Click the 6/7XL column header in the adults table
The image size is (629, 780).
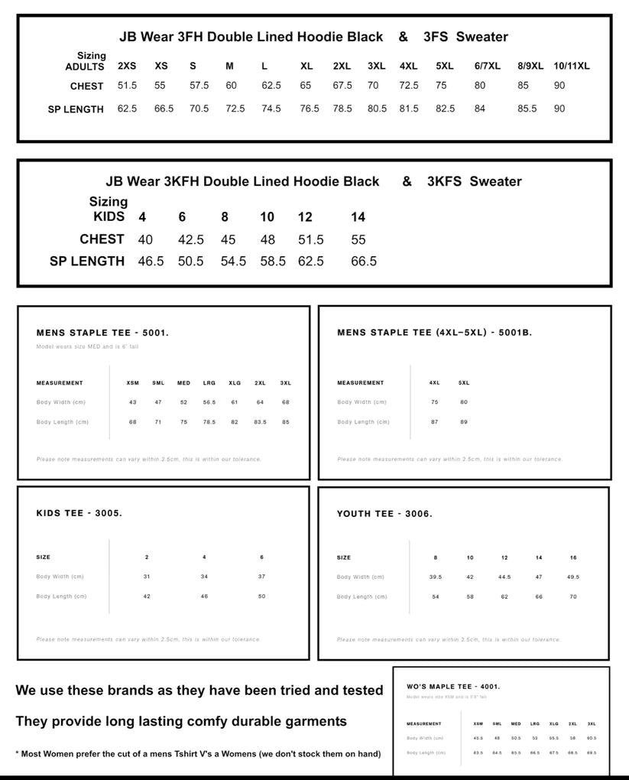tap(487, 66)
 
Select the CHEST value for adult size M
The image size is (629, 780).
tap(231, 86)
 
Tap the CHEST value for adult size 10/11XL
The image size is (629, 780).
tap(559, 86)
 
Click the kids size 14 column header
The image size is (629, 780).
tap(358, 217)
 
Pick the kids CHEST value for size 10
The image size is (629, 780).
tap(267, 239)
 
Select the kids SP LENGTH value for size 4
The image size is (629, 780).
tap(151, 261)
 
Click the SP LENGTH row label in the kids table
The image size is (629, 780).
tap(86, 261)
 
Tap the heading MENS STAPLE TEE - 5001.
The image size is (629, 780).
tap(102, 333)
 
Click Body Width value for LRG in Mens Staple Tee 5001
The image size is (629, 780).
tap(209, 402)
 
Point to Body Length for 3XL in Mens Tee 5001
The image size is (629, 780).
tap(285, 422)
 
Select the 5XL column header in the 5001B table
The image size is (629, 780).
tap(464, 382)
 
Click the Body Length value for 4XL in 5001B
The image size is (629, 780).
tap(434, 422)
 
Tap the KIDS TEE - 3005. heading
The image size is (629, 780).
tap(79, 513)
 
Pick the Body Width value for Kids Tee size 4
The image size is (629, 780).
tap(204, 577)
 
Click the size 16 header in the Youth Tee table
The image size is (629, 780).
tap(573, 557)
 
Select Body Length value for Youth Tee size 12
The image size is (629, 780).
tap(504, 596)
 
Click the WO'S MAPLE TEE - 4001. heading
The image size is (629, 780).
tap(453, 687)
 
